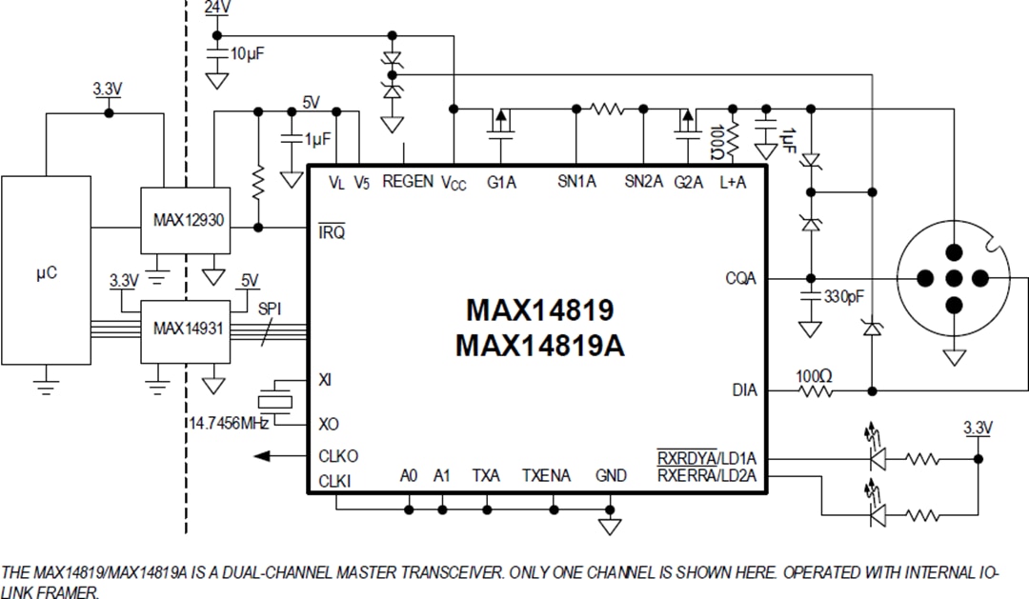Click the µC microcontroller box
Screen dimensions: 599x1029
coord(46,272)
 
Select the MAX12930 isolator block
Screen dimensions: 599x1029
coord(188,220)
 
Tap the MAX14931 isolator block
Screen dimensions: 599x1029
coord(188,329)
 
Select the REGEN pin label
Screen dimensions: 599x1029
coord(408,181)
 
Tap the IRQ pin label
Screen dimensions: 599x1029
coord(332,231)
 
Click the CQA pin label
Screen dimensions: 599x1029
coord(740,279)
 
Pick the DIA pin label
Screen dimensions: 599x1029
coord(744,389)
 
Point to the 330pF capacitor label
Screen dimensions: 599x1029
coord(842,296)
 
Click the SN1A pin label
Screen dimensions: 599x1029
coord(575,181)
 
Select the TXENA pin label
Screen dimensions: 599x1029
coord(546,475)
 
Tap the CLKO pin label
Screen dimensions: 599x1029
coord(338,456)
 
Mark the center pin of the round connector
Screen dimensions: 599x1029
coord(953,278)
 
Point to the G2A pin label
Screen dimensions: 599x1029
coord(689,181)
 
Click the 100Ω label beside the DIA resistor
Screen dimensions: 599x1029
coord(814,376)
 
